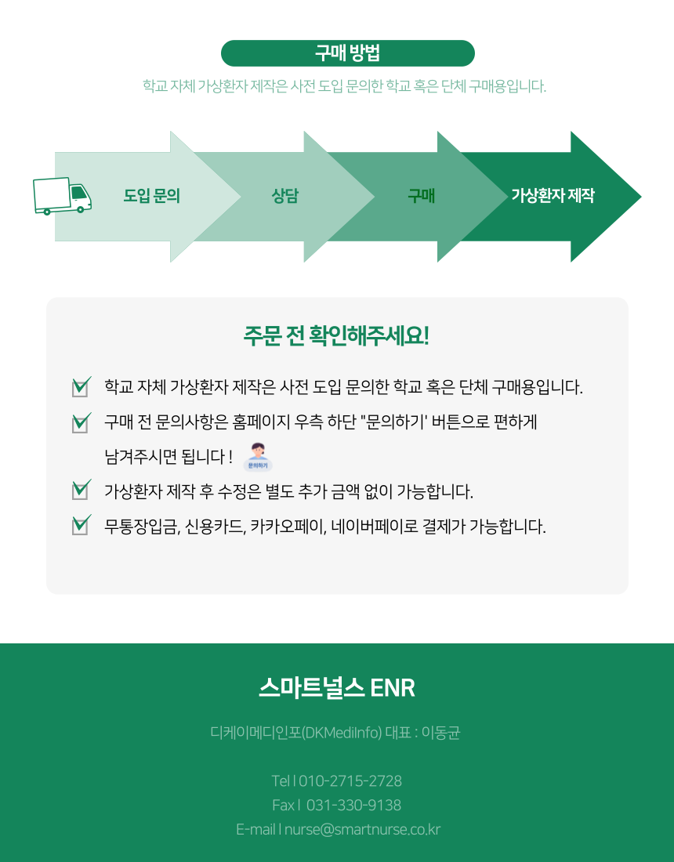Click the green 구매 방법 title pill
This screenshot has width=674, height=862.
pyautogui.click(x=347, y=53)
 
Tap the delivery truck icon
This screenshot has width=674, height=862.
pyautogui.click(x=62, y=195)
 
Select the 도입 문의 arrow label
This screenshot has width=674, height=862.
pyautogui.click(x=152, y=196)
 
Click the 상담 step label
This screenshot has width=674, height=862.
pyautogui.click(x=284, y=196)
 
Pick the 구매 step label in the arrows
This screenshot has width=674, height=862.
pyautogui.click(x=421, y=196)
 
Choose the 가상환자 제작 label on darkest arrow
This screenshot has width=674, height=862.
pyautogui.click(x=553, y=196)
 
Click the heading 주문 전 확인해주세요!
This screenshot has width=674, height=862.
pyautogui.click(x=336, y=335)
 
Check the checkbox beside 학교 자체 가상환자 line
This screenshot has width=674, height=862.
pyautogui.click(x=80, y=387)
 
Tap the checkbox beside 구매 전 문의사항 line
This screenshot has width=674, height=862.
pyautogui.click(x=80, y=423)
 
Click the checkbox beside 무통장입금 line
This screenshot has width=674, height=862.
pyautogui.click(x=80, y=525)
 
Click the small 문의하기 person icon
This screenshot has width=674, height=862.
pyautogui.click(x=258, y=456)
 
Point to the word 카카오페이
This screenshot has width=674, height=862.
pyautogui.click(x=288, y=526)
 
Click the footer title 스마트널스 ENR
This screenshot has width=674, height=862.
pyautogui.click(x=336, y=688)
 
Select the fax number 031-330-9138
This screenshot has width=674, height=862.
pyautogui.click(x=353, y=806)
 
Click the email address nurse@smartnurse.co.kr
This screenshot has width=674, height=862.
pyautogui.click(x=362, y=829)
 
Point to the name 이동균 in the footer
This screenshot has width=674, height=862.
pyautogui.click(x=440, y=733)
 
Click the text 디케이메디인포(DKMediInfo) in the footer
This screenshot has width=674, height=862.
pyautogui.click(x=296, y=733)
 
